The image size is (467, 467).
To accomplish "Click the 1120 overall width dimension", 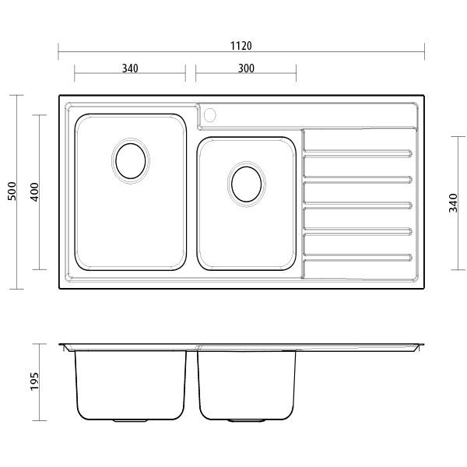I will tap(241, 46).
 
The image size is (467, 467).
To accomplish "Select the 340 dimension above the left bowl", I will tap(130, 68).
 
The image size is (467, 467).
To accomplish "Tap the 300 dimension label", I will tap(246, 68).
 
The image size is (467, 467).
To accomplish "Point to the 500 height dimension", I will tap(12, 192).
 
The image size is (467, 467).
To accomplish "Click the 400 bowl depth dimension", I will tap(33, 192).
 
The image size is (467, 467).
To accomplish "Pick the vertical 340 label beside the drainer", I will tap(454, 202).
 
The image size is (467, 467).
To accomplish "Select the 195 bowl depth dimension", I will tap(33, 381).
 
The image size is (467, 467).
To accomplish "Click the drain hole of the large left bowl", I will tap(130, 161).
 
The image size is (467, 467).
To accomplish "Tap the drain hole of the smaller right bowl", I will tap(247, 184).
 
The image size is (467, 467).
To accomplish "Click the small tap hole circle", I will tap(209, 116).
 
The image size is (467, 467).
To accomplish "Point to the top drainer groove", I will tap(357, 155).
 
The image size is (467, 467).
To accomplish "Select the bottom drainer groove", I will tap(357, 256).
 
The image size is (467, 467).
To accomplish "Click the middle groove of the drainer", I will tap(357, 205).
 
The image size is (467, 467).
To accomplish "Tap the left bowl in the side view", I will tap(131, 385).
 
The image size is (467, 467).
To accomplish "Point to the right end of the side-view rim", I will tap(421, 346).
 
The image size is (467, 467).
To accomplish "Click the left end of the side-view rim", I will tap(62, 346).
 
